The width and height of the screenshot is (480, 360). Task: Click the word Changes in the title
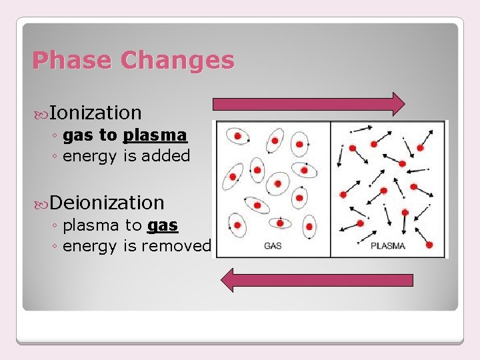(x=177, y=61)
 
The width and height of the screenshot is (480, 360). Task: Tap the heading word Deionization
(x=107, y=202)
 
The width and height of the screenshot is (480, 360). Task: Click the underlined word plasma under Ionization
(x=155, y=135)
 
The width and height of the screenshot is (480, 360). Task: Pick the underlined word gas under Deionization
(x=163, y=225)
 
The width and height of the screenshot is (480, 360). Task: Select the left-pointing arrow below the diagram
(x=317, y=280)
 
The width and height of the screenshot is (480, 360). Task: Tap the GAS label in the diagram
(x=273, y=246)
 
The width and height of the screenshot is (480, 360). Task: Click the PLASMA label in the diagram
(x=387, y=246)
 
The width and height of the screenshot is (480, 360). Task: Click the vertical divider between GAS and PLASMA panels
(x=331, y=189)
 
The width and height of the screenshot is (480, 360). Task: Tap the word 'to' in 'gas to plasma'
(x=108, y=135)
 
